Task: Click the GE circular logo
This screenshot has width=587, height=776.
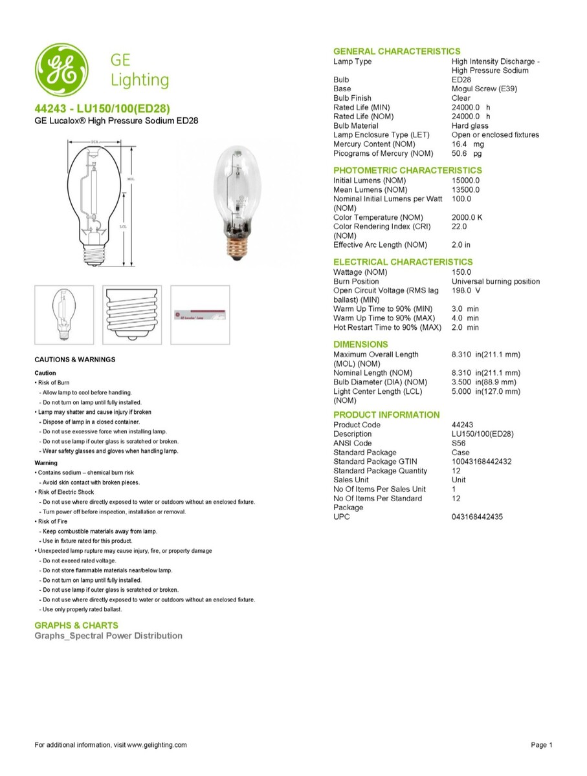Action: pos(62,70)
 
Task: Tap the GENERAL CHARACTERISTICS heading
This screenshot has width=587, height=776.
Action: pos(397,51)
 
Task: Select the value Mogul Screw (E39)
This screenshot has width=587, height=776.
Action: pos(484,89)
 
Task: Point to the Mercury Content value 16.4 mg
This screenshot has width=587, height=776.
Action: pos(467,144)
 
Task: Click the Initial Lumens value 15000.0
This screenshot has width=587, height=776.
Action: pos(466,180)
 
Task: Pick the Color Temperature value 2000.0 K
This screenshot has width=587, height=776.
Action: pos(467,217)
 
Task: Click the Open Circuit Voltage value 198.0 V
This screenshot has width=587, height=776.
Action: pos(466,290)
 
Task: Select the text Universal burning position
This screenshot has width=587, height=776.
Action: pos(495,281)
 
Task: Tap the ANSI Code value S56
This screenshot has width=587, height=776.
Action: pos(458,444)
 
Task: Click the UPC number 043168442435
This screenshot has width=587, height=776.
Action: pos(477,517)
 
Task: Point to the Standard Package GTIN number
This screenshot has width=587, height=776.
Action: pos(482,462)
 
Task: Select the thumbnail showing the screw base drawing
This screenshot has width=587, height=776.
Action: pos(131,314)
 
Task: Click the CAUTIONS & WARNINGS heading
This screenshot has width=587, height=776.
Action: pos(75,360)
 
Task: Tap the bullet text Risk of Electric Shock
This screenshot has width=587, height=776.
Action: pos(67,492)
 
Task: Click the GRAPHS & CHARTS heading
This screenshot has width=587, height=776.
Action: pos(76,625)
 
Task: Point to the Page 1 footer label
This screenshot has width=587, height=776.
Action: pos(542,745)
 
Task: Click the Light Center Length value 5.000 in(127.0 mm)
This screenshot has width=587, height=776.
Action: pos(485,391)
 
